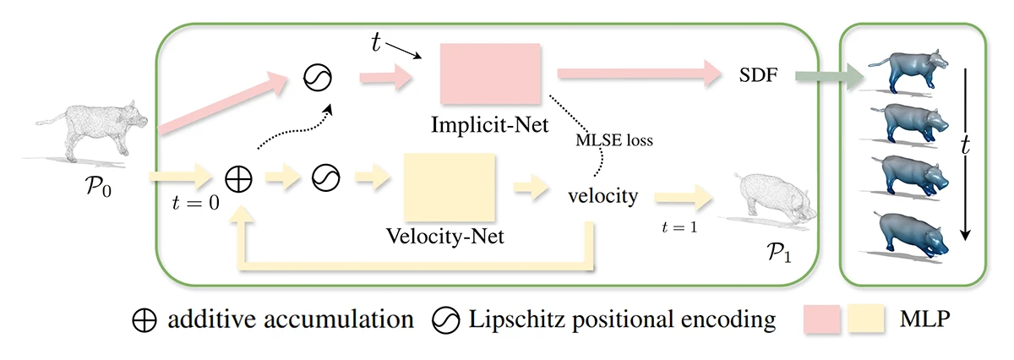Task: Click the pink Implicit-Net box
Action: point(491,73)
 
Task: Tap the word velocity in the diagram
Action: point(603,196)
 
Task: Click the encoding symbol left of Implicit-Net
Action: point(318,78)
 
